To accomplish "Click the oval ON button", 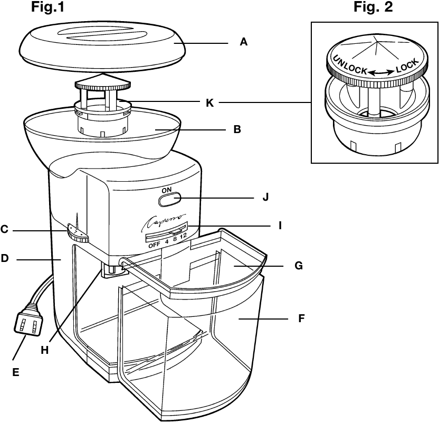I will click(x=169, y=200).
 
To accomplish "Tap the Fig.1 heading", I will click(x=51, y=7).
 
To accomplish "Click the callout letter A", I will click(x=243, y=42).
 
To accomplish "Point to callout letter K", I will click(x=210, y=102).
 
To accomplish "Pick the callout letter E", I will click(x=15, y=372).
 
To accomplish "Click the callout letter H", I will click(x=45, y=349).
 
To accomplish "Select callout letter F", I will click(x=302, y=319).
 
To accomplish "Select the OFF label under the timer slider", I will click(x=154, y=245).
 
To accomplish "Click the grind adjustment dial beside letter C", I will click(x=77, y=234).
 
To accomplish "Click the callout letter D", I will click(x=5, y=259).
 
